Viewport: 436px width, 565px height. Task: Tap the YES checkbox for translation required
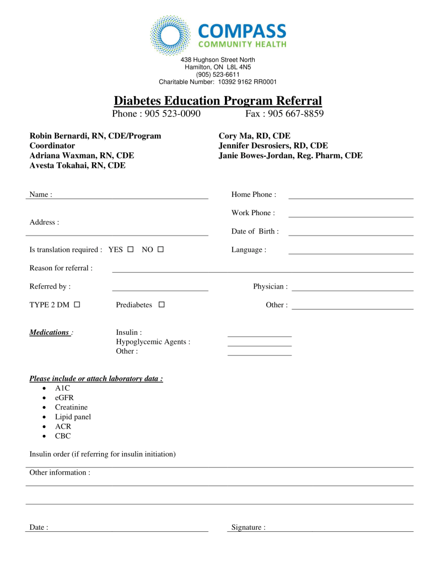131,249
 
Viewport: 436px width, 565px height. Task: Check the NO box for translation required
160,249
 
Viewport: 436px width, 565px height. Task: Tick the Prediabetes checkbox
162,305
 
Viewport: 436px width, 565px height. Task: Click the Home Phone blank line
351,197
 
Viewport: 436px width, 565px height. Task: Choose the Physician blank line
352,289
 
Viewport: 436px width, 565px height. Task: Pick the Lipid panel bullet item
73,417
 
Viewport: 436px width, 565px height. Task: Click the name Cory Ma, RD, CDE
255,136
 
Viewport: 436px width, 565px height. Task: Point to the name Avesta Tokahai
77,166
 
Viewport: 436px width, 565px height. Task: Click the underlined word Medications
50,333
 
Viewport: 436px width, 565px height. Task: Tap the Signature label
248,527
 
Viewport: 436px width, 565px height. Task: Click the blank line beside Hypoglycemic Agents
259,345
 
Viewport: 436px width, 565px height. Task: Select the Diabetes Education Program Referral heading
218,101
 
